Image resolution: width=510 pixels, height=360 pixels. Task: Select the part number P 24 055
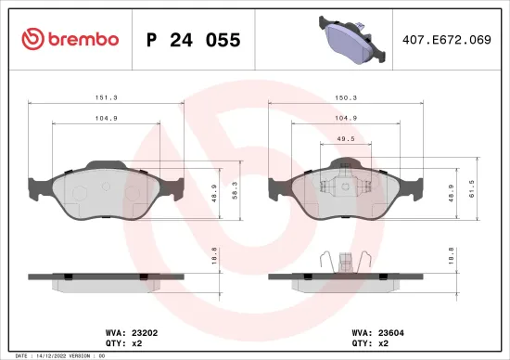(194, 40)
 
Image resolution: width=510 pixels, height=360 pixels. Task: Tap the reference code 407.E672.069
(448, 39)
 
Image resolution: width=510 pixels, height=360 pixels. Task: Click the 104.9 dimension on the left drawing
(107, 119)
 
